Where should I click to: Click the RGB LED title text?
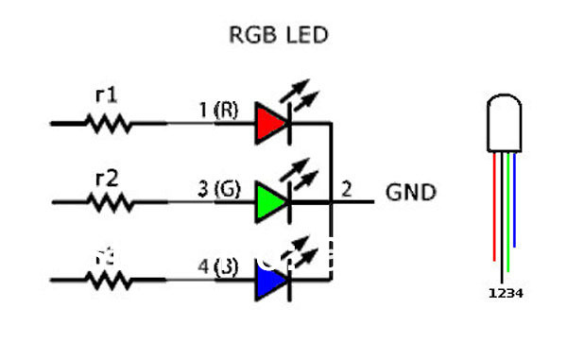[x=279, y=36]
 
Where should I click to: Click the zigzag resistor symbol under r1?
[x=109, y=122]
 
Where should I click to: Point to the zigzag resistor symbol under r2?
[x=109, y=201]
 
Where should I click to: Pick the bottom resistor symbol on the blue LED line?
[x=109, y=280]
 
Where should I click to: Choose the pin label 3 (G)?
[x=217, y=189]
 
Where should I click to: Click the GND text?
[x=411, y=193]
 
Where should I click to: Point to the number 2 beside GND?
[x=346, y=189]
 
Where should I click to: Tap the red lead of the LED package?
[x=494, y=208]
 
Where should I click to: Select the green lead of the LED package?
[x=508, y=213]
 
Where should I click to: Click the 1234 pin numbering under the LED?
[x=505, y=294]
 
